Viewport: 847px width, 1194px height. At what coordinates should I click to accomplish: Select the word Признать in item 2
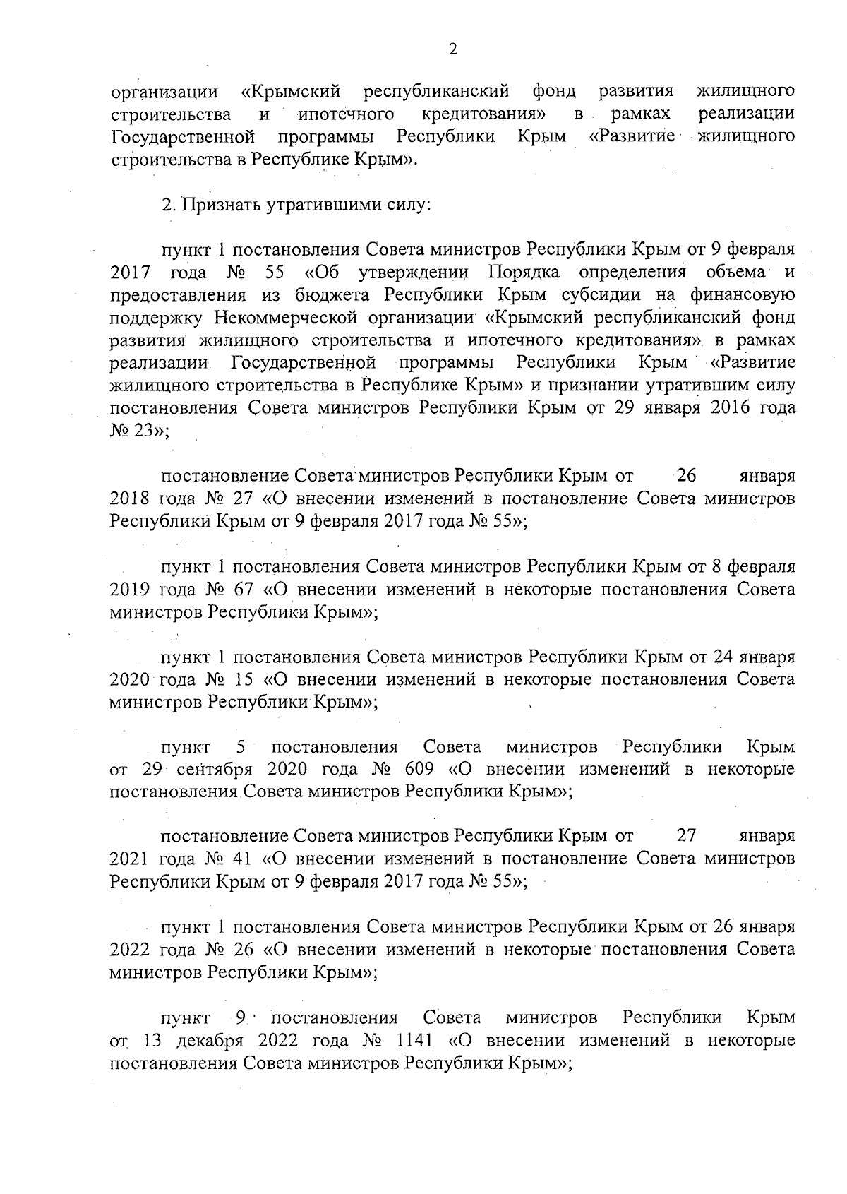tap(222, 205)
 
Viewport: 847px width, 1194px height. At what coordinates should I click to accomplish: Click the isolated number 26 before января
tap(686, 476)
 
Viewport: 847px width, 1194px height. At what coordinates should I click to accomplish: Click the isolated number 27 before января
tap(686, 837)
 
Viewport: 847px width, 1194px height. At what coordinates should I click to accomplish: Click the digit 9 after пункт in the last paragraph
tap(240, 1018)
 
